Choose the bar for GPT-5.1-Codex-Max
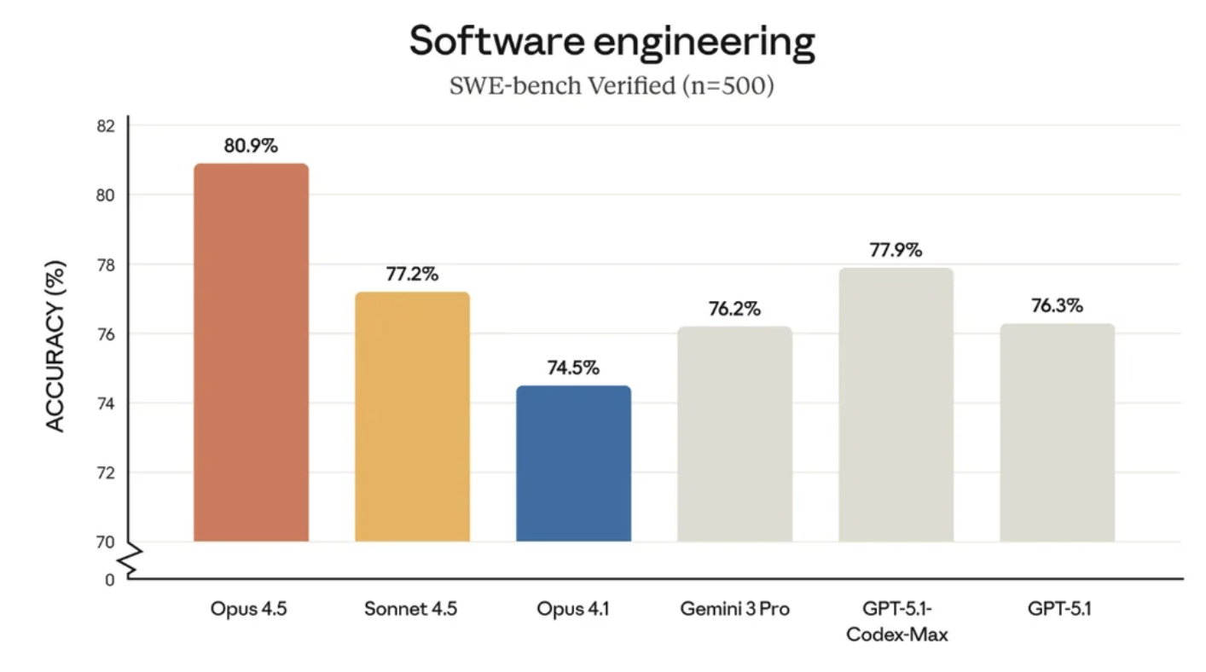click(896, 404)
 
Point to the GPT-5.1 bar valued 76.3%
click(1057, 432)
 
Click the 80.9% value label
click(251, 146)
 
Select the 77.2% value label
click(412, 275)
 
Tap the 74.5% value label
click(573, 368)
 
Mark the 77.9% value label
click(896, 250)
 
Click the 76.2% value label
click(734, 309)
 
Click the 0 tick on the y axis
click(109, 580)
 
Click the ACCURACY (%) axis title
click(55, 345)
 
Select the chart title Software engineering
click(612, 42)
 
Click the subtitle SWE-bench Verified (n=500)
click(612, 86)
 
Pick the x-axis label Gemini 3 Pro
click(734, 610)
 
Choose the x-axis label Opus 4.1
click(573, 610)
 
